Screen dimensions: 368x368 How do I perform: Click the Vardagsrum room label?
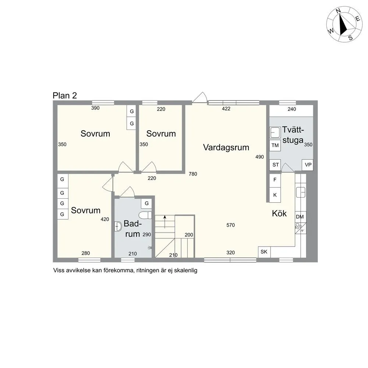click(x=226, y=148)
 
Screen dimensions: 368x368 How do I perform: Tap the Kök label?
click(x=279, y=213)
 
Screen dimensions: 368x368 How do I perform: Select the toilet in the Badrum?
click(x=145, y=215)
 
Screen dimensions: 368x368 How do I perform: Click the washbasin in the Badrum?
click(x=118, y=226)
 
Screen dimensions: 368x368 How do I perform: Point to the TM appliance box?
click(x=275, y=145)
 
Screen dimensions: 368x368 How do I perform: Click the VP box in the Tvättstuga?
click(x=308, y=165)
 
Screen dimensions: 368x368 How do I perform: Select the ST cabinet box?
click(x=275, y=165)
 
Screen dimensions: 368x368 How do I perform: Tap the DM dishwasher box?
click(x=300, y=217)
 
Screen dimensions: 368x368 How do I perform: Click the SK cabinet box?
click(x=264, y=252)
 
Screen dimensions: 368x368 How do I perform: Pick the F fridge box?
click(x=275, y=180)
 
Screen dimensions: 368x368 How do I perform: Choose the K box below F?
click(x=275, y=195)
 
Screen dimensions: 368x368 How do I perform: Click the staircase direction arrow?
click(x=165, y=222)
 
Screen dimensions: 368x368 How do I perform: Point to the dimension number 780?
click(x=193, y=174)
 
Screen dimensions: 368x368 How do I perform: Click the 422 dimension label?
click(x=226, y=109)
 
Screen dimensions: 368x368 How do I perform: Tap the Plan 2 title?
click(x=65, y=96)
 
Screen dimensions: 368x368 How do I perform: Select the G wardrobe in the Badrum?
click(x=147, y=203)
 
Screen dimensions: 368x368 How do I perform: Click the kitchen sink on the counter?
click(x=301, y=192)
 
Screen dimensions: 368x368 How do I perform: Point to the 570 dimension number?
click(x=230, y=225)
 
